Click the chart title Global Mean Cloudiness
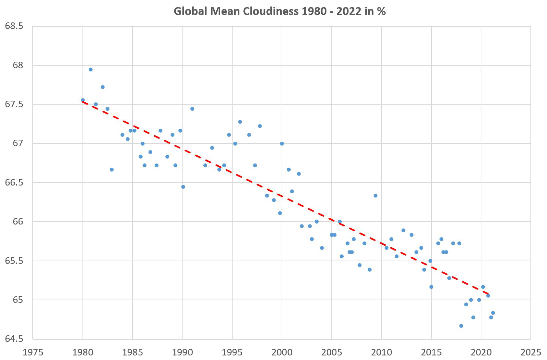coord(279,11)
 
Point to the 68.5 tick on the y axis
coord(14,26)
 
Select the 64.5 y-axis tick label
coord(14,339)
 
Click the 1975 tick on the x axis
coord(33,352)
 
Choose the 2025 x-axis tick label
coord(531,352)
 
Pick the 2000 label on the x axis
coord(282,352)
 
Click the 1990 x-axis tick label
coord(182,352)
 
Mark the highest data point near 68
coord(91,70)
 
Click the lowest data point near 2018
coord(461,326)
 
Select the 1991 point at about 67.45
coord(192,109)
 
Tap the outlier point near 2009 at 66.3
coord(375,196)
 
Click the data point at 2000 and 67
coord(282,144)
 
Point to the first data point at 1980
coord(83,100)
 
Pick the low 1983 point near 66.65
coord(112,170)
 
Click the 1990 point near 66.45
coord(183,187)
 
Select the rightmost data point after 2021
coord(493,313)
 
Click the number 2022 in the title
coord(348,11)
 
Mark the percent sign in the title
coord(381,11)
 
